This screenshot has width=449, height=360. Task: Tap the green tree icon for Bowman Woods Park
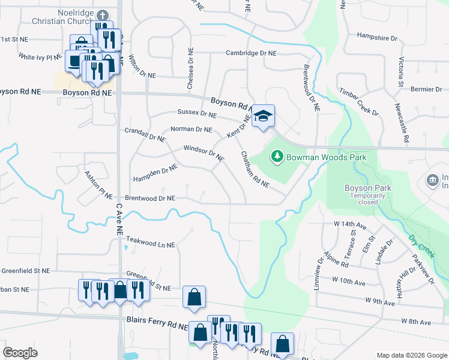point(277,157)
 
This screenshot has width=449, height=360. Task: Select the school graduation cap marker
point(262,115)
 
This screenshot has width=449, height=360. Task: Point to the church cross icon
point(103,14)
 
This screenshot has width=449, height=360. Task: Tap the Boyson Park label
point(368,188)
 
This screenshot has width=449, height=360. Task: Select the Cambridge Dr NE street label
point(251,53)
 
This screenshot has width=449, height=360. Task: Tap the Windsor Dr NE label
point(203,154)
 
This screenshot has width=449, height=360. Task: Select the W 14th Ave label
point(351,225)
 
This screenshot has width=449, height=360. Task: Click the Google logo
point(20,353)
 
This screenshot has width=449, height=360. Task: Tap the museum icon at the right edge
point(432,180)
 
